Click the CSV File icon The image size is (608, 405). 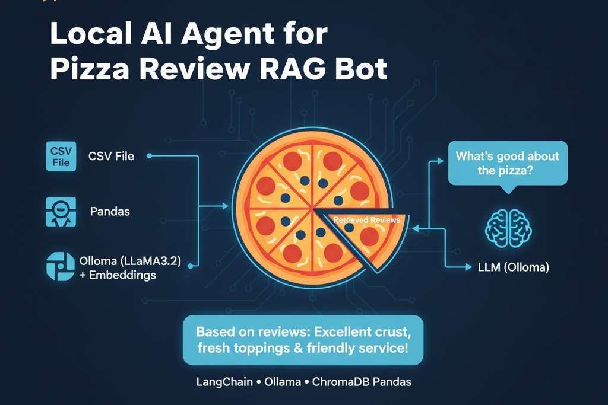(x=61, y=156)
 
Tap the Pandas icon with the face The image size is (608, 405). (x=61, y=211)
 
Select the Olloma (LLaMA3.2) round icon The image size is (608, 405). (x=61, y=266)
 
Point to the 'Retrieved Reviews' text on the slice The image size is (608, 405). (x=366, y=220)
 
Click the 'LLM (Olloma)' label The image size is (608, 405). (x=514, y=267)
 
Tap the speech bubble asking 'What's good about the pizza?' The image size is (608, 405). (x=507, y=163)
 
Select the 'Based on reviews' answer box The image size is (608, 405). (x=303, y=340)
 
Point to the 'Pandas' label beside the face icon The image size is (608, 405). (x=110, y=211)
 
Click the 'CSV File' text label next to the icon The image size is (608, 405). (x=111, y=157)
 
